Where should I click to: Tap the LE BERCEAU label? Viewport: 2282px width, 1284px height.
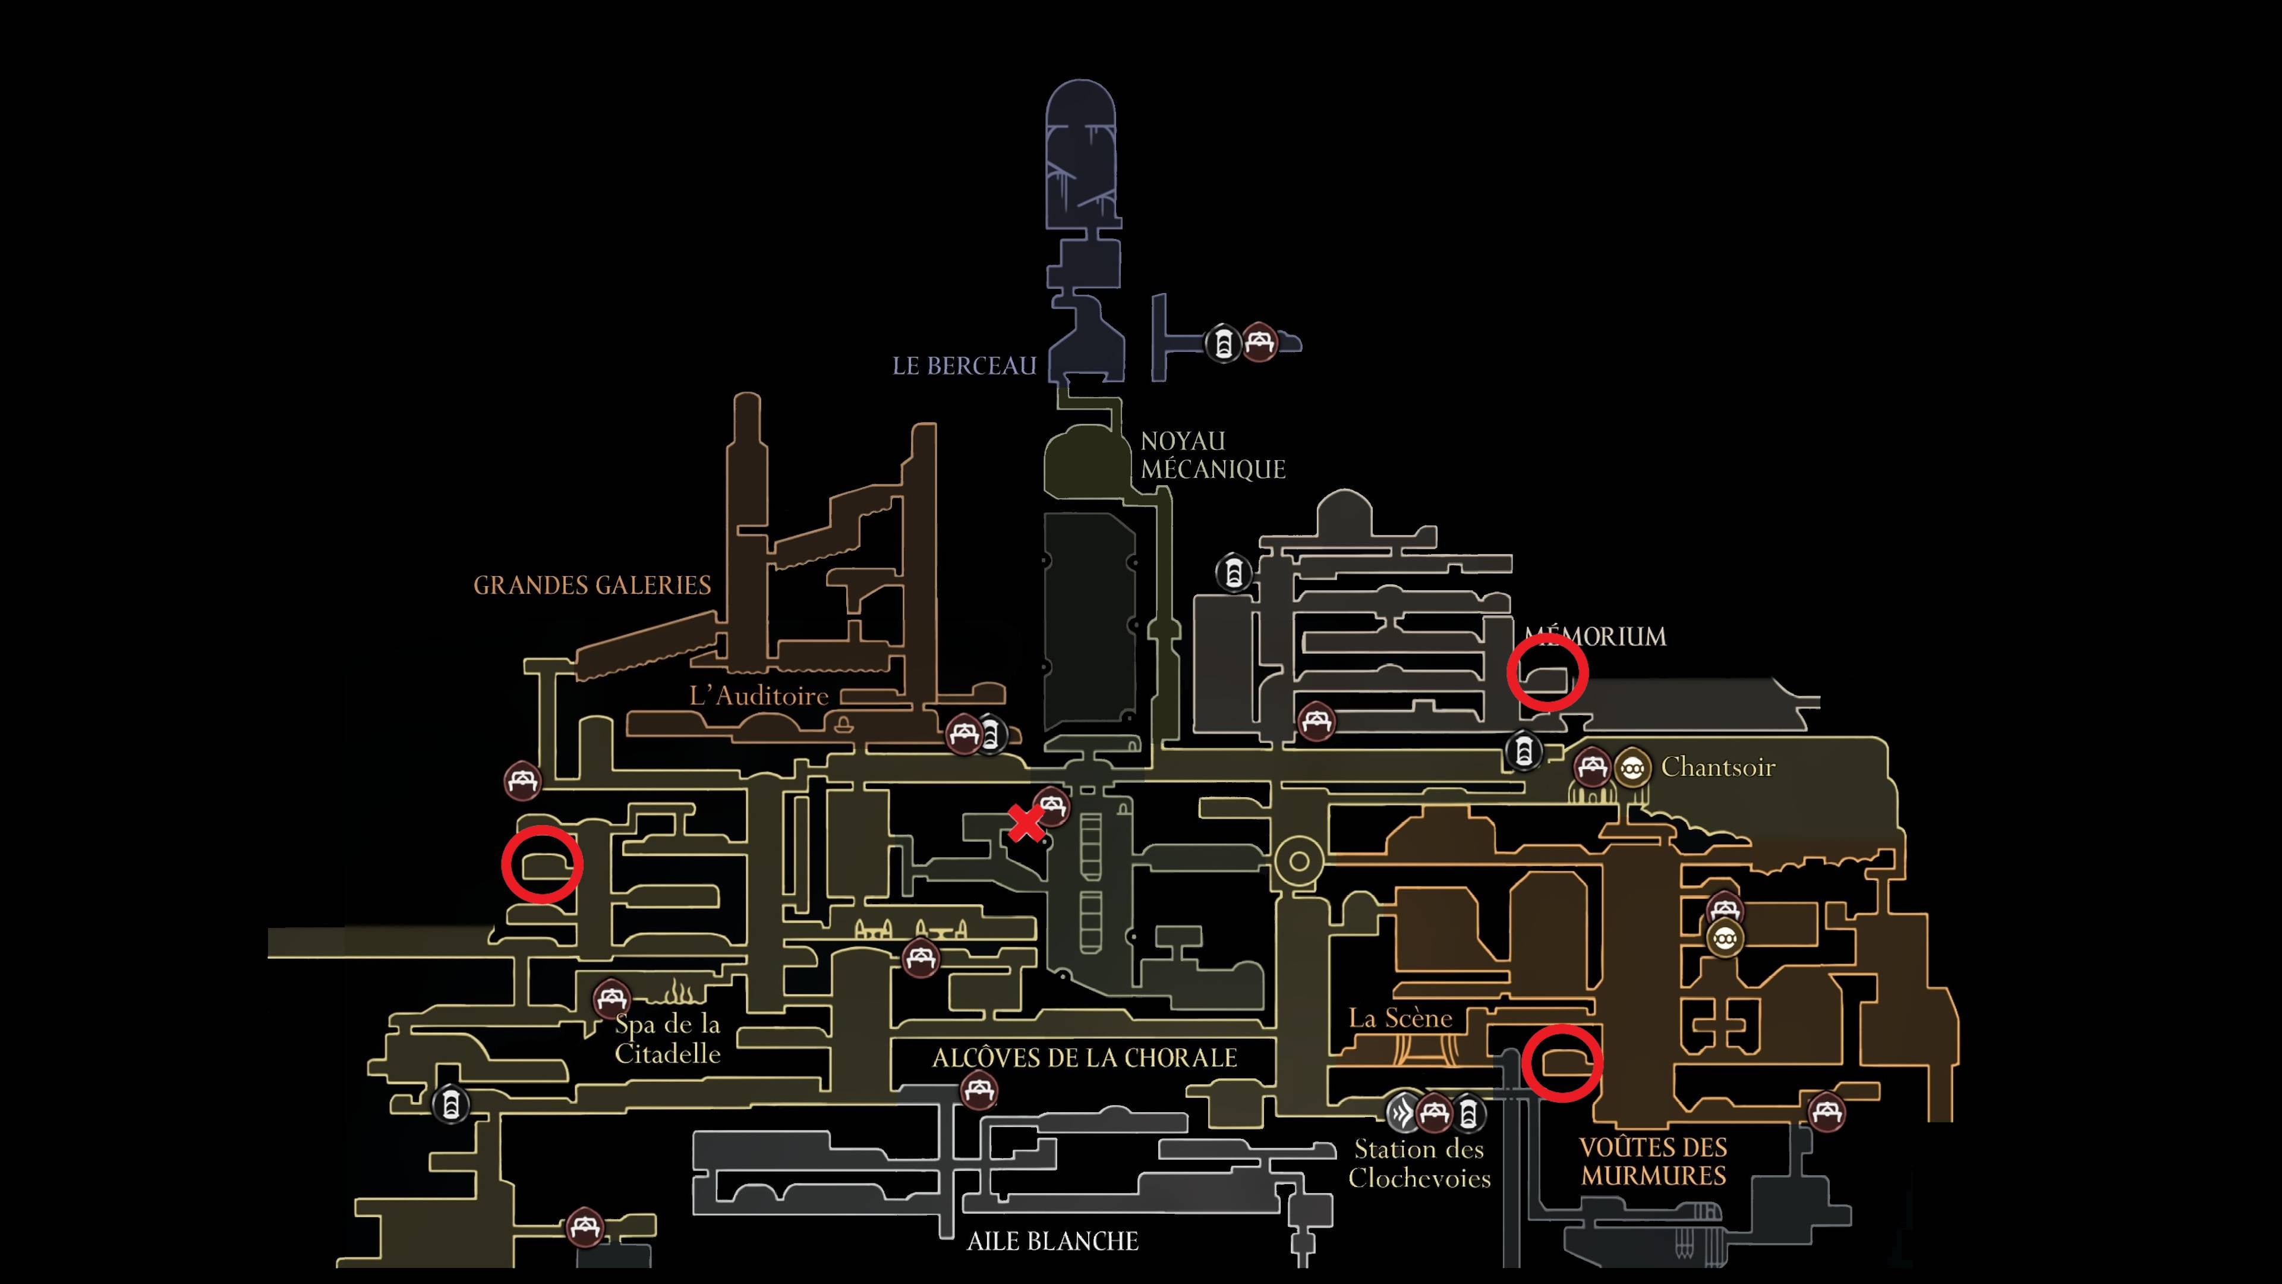point(964,366)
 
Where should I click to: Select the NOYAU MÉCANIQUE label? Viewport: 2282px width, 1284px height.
point(1212,455)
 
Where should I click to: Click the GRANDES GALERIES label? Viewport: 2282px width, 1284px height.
point(592,586)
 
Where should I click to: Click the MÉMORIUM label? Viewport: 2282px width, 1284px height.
point(1594,636)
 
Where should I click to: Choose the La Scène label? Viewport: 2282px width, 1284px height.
point(1401,1018)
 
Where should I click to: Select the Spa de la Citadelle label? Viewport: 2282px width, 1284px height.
point(668,1038)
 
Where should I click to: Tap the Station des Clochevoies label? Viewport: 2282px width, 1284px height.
point(1419,1163)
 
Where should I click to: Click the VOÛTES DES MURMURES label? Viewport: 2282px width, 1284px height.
point(1654,1162)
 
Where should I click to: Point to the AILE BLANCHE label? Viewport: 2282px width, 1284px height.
point(1052,1241)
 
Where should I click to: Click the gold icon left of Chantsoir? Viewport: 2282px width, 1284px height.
point(1632,767)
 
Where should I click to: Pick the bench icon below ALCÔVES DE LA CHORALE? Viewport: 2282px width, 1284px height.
point(979,1091)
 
